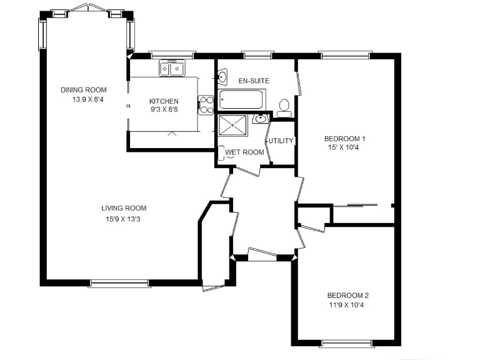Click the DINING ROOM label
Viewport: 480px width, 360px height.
pos(83,90)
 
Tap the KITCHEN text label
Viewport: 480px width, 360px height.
pos(164,101)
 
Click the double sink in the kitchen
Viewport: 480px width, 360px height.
pos(171,67)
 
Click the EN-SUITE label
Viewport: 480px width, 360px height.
pos(254,81)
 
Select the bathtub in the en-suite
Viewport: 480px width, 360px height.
pos(242,100)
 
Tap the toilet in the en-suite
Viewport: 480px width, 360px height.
pos(284,106)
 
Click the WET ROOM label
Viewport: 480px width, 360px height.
pos(240,152)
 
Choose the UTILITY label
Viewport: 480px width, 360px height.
pos(281,141)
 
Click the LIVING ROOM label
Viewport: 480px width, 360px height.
pos(124,208)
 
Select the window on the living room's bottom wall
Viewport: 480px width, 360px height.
pos(119,284)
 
